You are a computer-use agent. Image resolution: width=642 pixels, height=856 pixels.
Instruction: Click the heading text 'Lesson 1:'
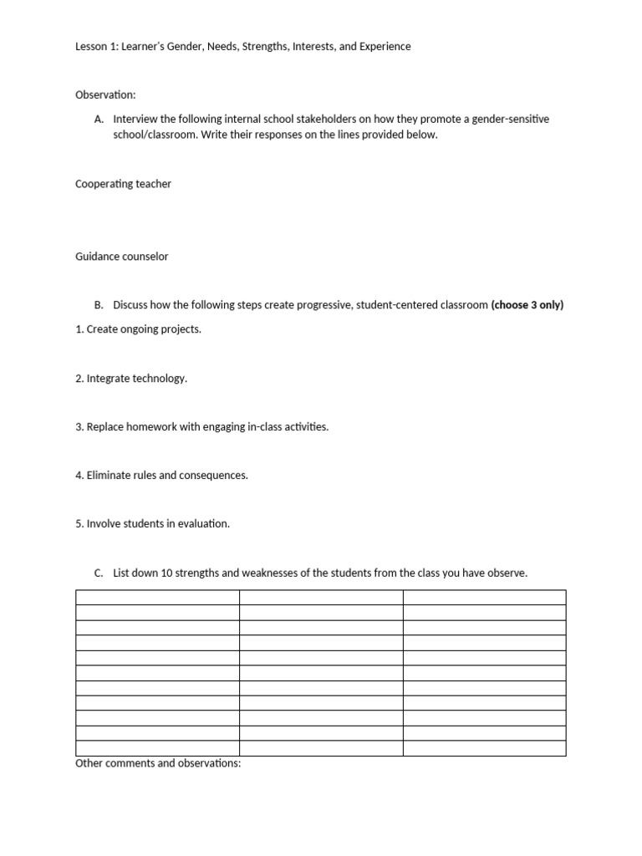(96, 47)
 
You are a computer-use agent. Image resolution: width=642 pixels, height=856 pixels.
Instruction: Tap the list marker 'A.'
(99, 120)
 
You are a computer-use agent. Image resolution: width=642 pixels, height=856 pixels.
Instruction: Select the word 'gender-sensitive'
(510, 120)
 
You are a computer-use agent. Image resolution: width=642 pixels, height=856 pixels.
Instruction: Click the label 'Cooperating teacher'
(123, 184)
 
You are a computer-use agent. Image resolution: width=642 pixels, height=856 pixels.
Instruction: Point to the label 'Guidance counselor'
(121, 257)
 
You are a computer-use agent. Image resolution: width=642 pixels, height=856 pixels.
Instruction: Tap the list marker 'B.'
(99, 305)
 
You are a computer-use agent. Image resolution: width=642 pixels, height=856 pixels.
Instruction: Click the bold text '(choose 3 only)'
(527, 305)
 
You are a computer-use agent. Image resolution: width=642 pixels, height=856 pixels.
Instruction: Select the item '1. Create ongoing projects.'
(138, 329)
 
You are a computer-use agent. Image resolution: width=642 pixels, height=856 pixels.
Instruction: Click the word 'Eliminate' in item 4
(110, 476)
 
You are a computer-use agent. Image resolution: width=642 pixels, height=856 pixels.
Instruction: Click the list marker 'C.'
(99, 573)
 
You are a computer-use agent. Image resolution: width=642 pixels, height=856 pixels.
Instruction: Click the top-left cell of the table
(157, 597)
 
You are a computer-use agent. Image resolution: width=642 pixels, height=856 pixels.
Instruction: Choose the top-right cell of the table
(484, 597)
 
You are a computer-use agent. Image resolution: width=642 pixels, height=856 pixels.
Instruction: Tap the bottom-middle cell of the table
(321, 748)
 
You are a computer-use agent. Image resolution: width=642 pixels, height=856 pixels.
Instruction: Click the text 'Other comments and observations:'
(158, 764)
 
